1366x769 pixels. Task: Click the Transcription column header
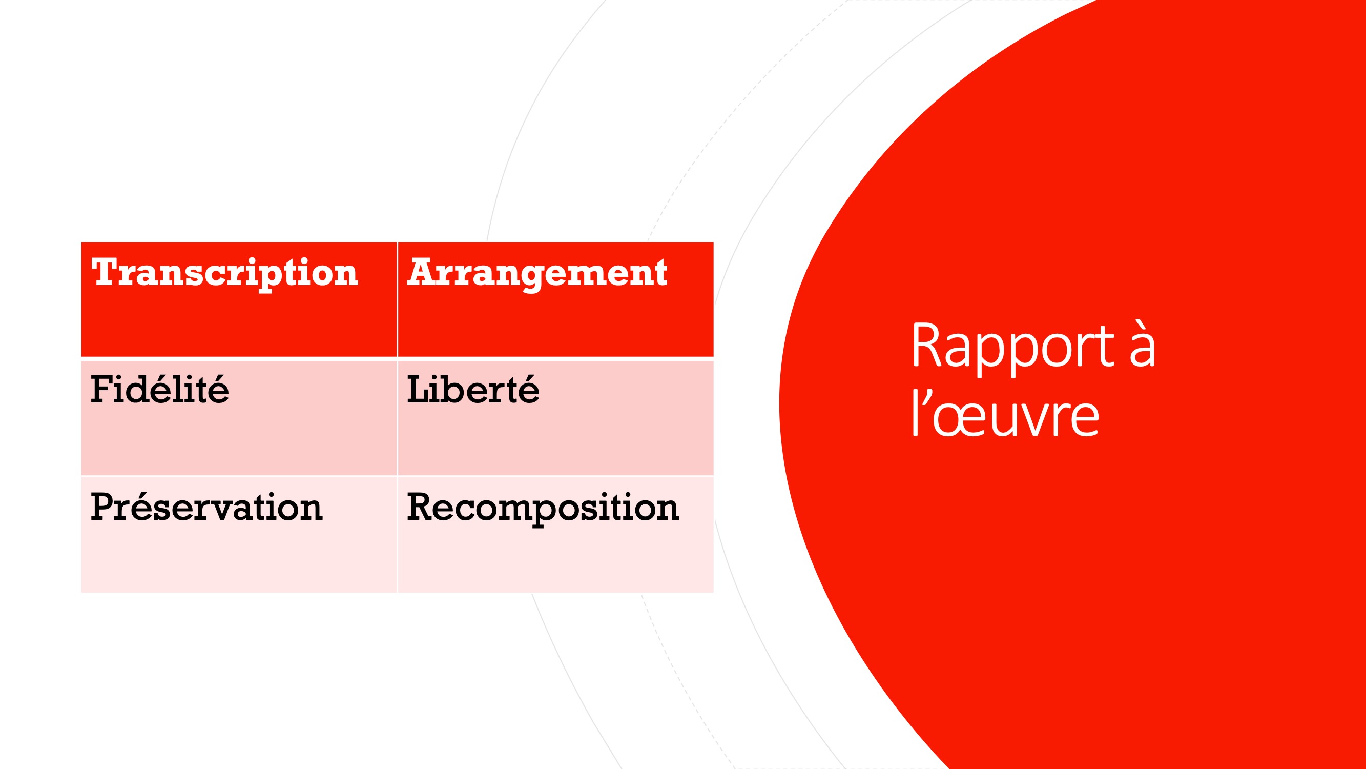tap(225, 274)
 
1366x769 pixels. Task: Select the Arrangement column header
tap(537, 274)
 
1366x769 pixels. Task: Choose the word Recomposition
tap(543, 509)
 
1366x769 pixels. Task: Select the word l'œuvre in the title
tap(1005, 413)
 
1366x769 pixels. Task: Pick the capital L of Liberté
tap(420, 390)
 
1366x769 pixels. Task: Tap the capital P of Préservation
tap(104, 507)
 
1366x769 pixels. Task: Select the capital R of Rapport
tap(927, 345)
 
